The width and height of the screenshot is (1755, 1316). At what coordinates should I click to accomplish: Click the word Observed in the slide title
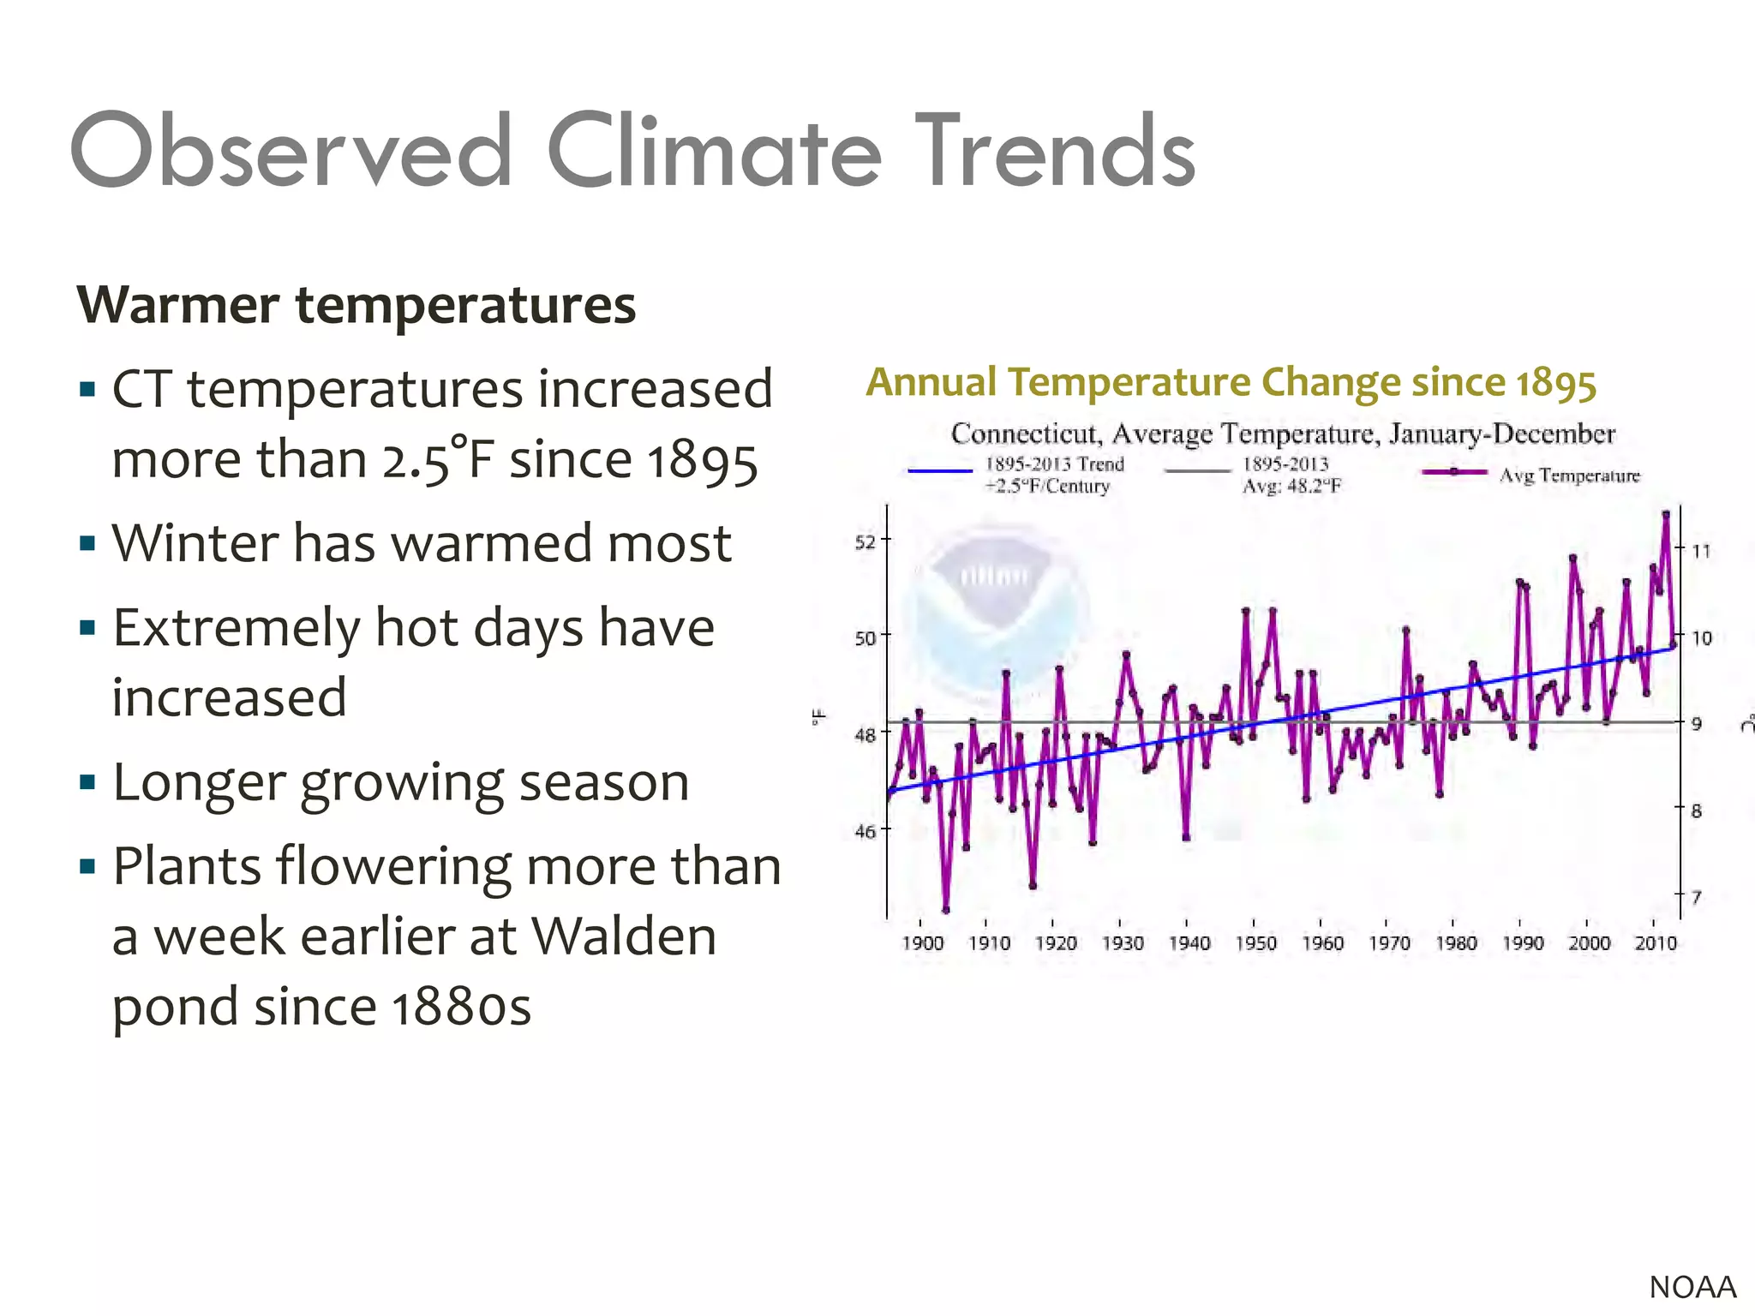pos(291,153)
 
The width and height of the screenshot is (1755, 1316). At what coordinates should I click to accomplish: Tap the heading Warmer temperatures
pos(356,305)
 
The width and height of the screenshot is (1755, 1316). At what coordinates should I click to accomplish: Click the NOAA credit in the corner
pos(1692,1287)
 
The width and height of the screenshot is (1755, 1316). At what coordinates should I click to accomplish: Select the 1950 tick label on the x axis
pos(1255,943)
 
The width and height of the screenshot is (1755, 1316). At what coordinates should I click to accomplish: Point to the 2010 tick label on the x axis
pos(1656,943)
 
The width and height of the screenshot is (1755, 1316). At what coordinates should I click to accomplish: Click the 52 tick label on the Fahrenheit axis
pos(866,541)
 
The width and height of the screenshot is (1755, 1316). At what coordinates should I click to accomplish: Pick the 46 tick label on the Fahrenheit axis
pos(866,830)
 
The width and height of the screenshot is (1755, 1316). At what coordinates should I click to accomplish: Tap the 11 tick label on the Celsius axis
pos(1701,551)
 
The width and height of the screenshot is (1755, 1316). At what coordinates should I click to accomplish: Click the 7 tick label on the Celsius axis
pos(1696,897)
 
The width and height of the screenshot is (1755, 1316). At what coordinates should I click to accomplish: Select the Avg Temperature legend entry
pos(1568,476)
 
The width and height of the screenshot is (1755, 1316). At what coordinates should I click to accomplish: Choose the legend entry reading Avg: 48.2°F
pos(1291,486)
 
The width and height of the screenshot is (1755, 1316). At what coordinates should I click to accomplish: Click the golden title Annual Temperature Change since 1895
pos(1231,382)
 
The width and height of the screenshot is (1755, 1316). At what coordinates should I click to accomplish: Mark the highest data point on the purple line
pos(1666,514)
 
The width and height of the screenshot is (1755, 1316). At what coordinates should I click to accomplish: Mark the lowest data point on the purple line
pos(946,910)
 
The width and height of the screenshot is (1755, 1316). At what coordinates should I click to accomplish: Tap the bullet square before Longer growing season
pos(87,781)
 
